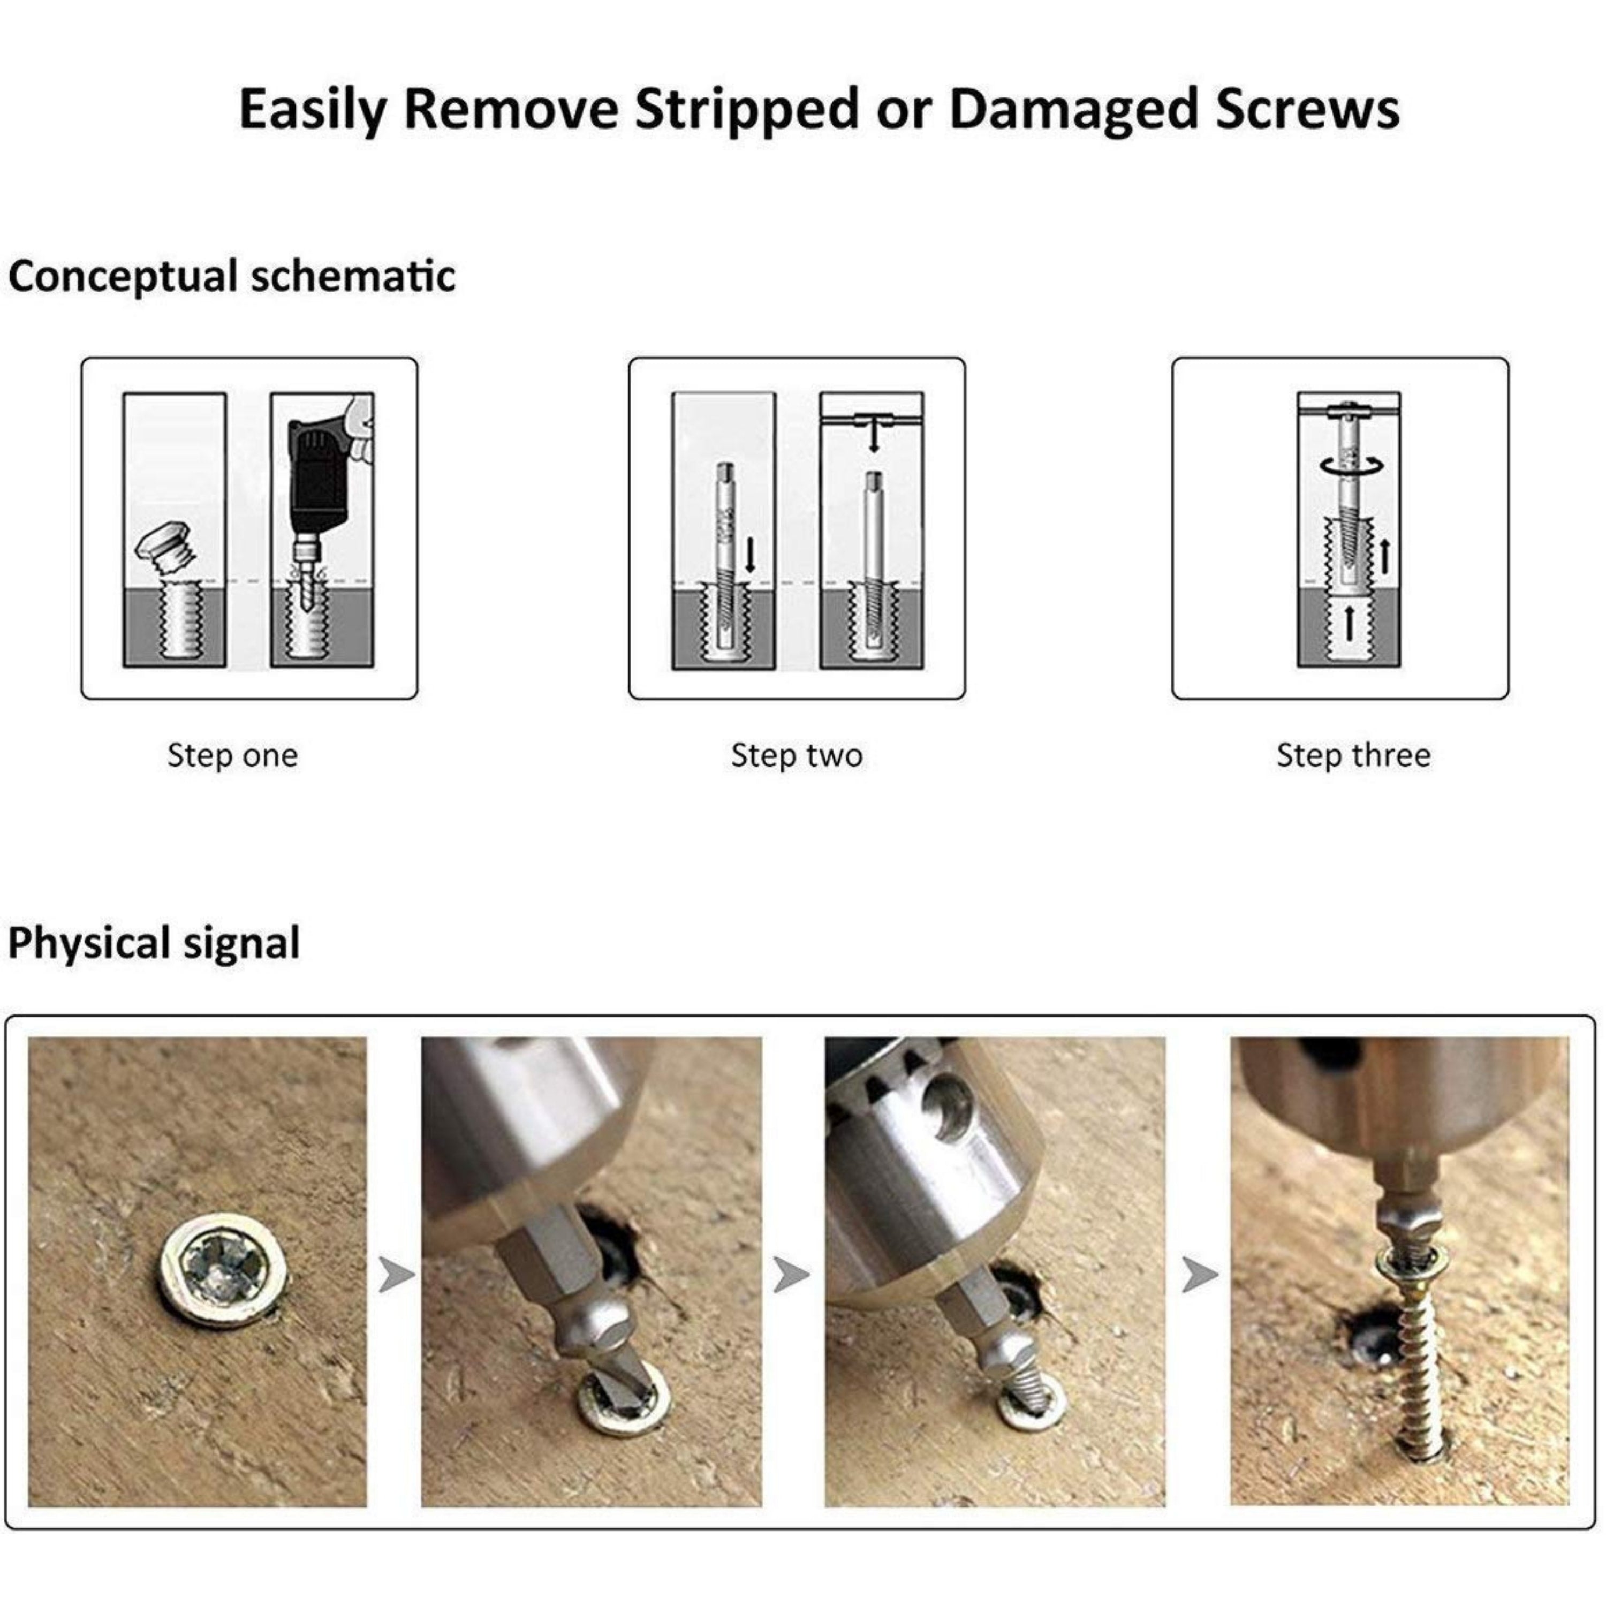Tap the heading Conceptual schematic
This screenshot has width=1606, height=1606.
pos(232,276)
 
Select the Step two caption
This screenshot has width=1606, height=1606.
pos(797,755)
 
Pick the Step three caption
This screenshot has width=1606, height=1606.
pos(1353,755)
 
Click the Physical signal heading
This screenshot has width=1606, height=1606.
pos(154,943)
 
